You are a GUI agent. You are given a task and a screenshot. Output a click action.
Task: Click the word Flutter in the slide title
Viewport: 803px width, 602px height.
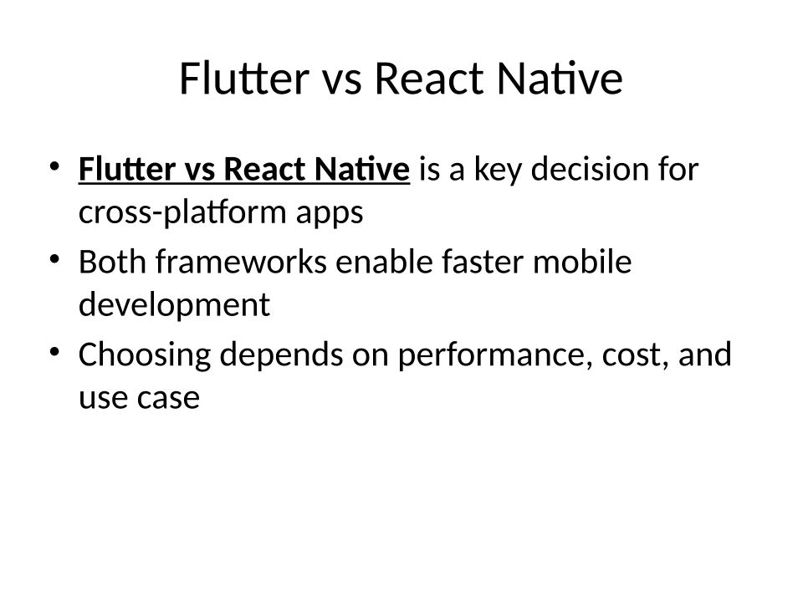[x=244, y=79]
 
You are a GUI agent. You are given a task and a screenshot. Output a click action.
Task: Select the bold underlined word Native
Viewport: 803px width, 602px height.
[x=362, y=168]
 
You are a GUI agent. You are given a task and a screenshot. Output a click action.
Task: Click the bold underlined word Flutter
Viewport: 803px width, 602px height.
[x=127, y=168]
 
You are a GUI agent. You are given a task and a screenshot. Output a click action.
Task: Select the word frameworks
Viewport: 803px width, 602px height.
[x=241, y=262]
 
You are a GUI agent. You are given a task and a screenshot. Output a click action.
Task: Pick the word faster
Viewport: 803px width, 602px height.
[x=483, y=262]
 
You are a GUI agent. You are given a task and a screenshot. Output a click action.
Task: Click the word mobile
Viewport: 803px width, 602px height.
[x=582, y=262]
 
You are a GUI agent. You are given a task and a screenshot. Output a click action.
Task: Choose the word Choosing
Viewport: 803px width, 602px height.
[x=145, y=355]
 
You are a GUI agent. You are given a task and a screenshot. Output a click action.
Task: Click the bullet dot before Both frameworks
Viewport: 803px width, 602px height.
[x=55, y=259]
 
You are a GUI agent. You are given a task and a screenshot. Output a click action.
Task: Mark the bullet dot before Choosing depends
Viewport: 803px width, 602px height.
[x=55, y=352]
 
